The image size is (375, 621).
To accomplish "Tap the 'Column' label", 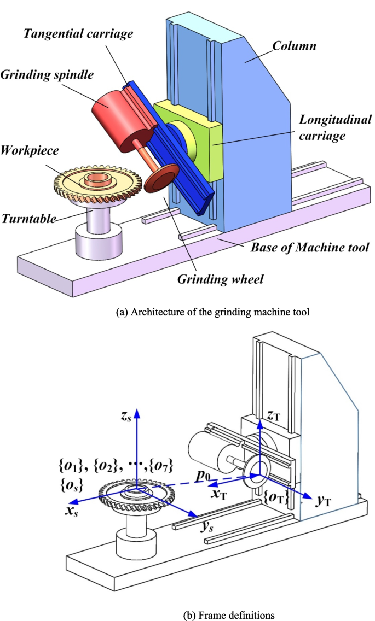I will (x=296, y=45).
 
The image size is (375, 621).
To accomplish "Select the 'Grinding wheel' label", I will (x=220, y=279).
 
